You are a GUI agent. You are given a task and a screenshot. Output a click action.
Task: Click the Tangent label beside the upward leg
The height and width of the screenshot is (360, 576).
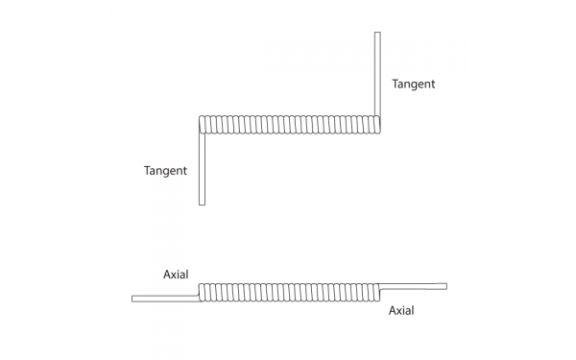414,84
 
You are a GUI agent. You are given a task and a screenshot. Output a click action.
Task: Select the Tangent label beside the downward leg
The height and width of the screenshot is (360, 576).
165,171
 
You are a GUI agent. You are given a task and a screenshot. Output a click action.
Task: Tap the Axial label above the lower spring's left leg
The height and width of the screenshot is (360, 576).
176,275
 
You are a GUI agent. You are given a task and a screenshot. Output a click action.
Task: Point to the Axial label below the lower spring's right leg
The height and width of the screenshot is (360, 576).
402,311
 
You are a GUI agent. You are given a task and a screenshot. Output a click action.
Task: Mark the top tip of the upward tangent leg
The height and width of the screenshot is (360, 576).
377,34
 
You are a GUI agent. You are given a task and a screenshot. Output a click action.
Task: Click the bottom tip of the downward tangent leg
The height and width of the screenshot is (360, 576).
202,203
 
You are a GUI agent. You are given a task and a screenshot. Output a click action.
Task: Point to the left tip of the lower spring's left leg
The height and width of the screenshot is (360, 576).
133,299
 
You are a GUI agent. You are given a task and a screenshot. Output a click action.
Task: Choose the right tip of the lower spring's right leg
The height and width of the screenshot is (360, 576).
445,285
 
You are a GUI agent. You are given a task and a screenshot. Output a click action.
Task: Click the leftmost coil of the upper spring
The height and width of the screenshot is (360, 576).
203,125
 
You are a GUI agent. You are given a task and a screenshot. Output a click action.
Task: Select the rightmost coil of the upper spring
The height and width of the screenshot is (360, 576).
376,125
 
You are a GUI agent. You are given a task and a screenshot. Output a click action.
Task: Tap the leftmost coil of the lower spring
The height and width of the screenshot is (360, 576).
202,292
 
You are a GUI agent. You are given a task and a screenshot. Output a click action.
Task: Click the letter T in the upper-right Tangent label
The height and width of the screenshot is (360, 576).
396,84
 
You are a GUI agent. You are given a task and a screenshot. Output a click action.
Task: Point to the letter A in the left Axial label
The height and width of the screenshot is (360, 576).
167,275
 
